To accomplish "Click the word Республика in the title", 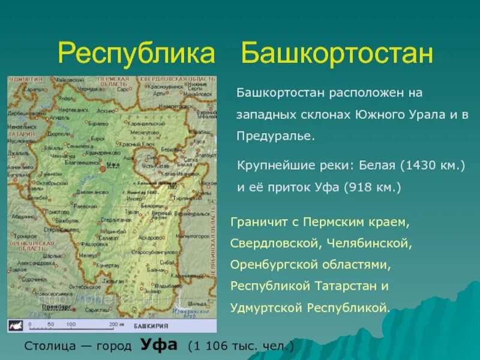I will (x=136, y=54).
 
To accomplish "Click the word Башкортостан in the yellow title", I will (x=337, y=54).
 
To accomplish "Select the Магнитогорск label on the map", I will (x=194, y=236).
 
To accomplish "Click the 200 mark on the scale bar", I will (x=112, y=325).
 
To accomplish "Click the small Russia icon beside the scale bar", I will (x=16, y=326).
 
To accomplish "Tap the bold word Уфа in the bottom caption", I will (x=159, y=345).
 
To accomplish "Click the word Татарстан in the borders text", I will (x=347, y=286).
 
